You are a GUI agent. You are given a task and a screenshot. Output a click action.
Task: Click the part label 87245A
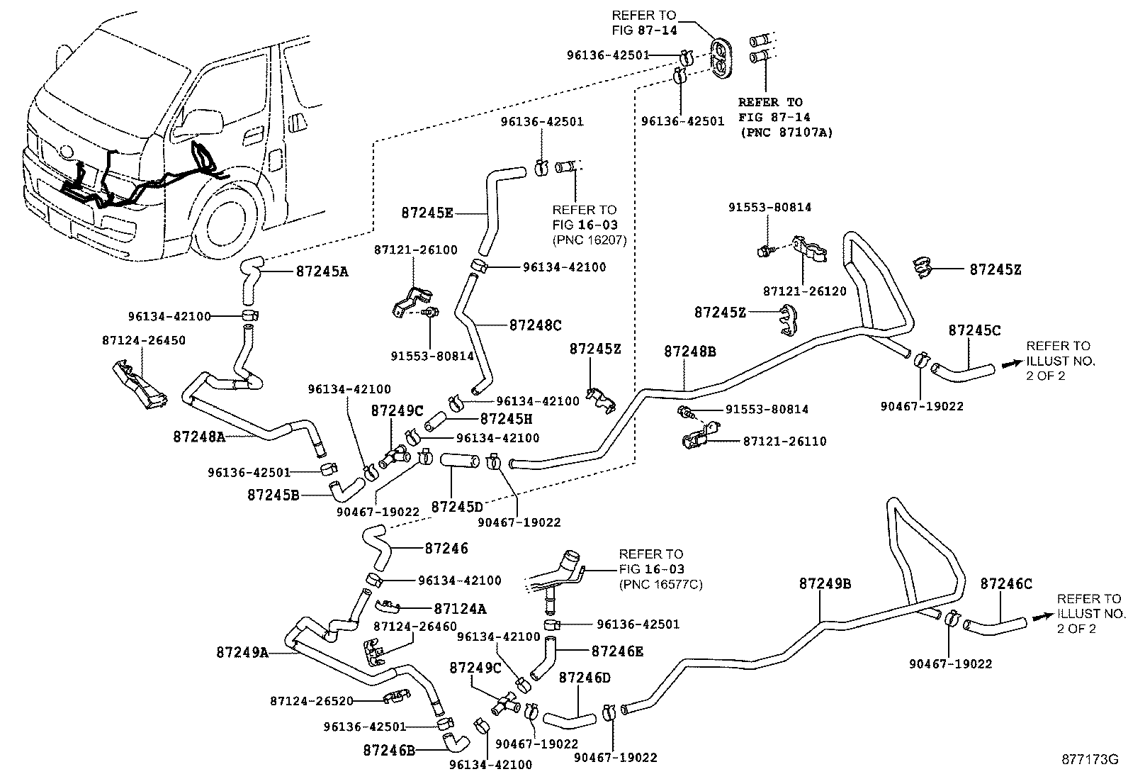coord(322,271)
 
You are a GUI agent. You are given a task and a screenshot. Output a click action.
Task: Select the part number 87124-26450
coord(144,341)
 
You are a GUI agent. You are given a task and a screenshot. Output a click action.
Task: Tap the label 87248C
coord(535,325)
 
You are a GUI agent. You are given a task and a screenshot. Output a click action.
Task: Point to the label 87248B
coord(690,351)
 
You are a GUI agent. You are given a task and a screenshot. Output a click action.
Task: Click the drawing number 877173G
coord(1090,759)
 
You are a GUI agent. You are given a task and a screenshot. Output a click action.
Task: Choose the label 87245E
coord(427,213)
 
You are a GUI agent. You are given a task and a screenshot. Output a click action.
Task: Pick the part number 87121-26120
coord(805,291)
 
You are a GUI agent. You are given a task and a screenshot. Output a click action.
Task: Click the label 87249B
coord(825,583)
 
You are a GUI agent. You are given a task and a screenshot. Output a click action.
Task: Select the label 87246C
coord(1006,584)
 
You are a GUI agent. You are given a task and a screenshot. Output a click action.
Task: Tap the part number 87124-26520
coord(312,701)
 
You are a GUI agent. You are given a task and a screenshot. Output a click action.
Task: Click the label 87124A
coord(461,609)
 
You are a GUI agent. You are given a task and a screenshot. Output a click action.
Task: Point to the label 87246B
coord(389,751)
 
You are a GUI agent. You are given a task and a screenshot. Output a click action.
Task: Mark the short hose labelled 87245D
coord(460,460)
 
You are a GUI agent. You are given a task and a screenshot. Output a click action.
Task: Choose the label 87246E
coord(617,651)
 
